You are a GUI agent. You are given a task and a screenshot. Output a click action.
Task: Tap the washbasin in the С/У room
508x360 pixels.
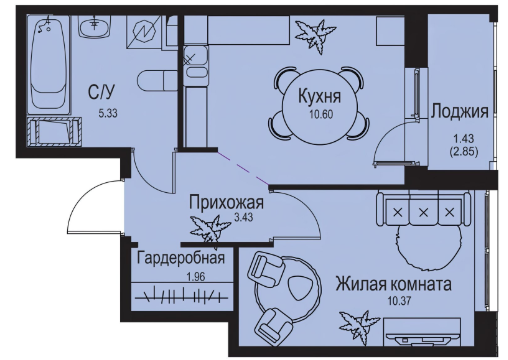(95, 27)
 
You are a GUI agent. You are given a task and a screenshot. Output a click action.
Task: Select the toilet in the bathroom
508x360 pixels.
(157, 80)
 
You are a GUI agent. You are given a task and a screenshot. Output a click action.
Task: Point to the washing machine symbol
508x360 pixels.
(144, 32)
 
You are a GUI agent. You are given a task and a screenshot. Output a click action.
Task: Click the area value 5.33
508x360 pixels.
(108, 114)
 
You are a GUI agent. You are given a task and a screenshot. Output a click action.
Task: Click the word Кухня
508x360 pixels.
(320, 96)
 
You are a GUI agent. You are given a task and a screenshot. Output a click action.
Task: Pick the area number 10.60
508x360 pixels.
(321, 115)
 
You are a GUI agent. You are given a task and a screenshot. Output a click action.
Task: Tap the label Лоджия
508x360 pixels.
(460, 111)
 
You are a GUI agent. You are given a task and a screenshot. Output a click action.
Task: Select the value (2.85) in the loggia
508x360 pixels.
(464, 152)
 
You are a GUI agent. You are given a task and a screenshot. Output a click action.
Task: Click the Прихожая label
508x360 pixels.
(226, 202)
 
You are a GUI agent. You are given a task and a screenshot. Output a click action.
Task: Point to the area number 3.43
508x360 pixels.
(244, 218)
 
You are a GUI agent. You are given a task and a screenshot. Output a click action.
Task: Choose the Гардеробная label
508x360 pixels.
(181, 258)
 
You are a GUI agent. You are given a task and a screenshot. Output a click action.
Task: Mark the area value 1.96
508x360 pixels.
(196, 276)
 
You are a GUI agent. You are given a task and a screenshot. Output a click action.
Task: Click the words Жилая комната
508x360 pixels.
(393, 284)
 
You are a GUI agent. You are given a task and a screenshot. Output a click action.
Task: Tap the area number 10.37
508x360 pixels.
(399, 302)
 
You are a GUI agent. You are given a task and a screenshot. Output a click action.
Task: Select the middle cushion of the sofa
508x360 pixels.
(423, 212)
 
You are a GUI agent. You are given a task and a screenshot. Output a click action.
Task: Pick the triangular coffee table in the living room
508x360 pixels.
(300, 288)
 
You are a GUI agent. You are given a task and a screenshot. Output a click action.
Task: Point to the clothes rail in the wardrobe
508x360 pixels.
(181, 295)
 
